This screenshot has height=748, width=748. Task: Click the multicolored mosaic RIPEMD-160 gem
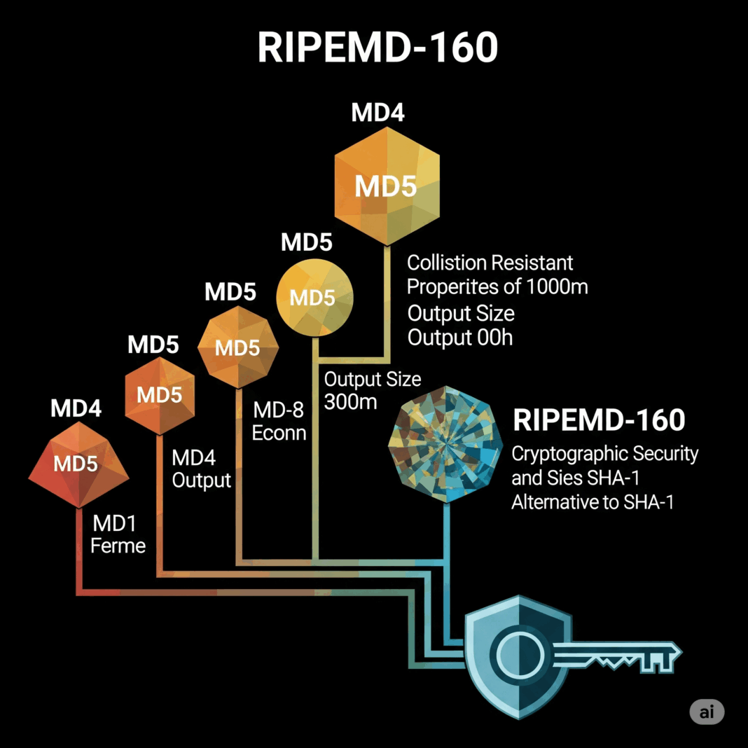[x=445, y=443]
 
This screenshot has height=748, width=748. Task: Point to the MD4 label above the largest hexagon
[x=378, y=113]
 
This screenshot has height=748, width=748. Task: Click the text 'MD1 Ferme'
[x=118, y=534]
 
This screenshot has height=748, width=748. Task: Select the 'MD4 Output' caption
[x=201, y=469]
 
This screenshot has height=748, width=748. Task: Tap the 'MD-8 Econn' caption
[x=279, y=420]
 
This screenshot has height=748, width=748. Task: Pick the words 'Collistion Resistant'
[x=490, y=263]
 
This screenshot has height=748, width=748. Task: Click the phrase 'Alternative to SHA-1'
[x=592, y=501]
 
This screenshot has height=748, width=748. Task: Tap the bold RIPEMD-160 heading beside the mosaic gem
[x=598, y=420]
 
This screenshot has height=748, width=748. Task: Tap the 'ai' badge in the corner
[x=707, y=712]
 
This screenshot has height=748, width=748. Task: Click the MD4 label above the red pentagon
[x=76, y=409]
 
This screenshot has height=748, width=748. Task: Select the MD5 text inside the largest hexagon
[x=385, y=186]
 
